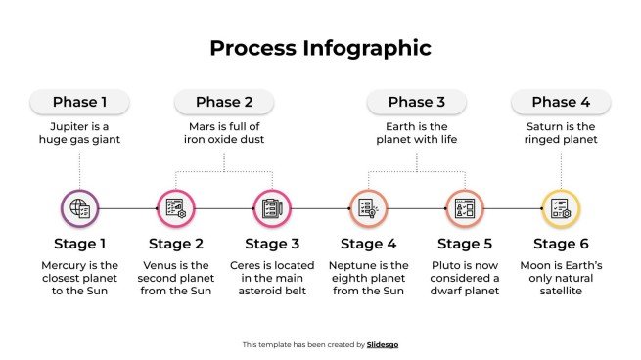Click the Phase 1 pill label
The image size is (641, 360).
pyautogui.click(x=80, y=102)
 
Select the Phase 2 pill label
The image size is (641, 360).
pyautogui.click(x=224, y=102)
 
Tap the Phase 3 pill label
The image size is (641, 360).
pyautogui.click(x=416, y=102)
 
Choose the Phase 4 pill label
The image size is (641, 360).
pyautogui.click(x=561, y=102)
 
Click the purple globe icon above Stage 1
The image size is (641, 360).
pyautogui.click(x=80, y=208)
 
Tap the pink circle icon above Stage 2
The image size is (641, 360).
pyautogui.click(x=176, y=208)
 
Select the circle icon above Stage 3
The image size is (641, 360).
pyautogui.click(x=272, y=208)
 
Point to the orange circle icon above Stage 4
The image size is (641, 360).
pyautogui.click(x=368, y=208)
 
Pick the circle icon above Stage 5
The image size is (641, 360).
pyautogui.click(x=465, y=208)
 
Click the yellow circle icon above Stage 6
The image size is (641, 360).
pyautogui.click(x=561, y=208)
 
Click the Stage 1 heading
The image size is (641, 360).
pyautogui.click(x=80, y=244)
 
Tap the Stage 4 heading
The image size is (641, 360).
pyautogui.click(x=368, y=244)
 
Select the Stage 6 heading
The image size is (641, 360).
pyautogui.click(x=561, y=244)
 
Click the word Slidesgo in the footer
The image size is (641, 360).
pyautogui.click(x=383, y=344)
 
